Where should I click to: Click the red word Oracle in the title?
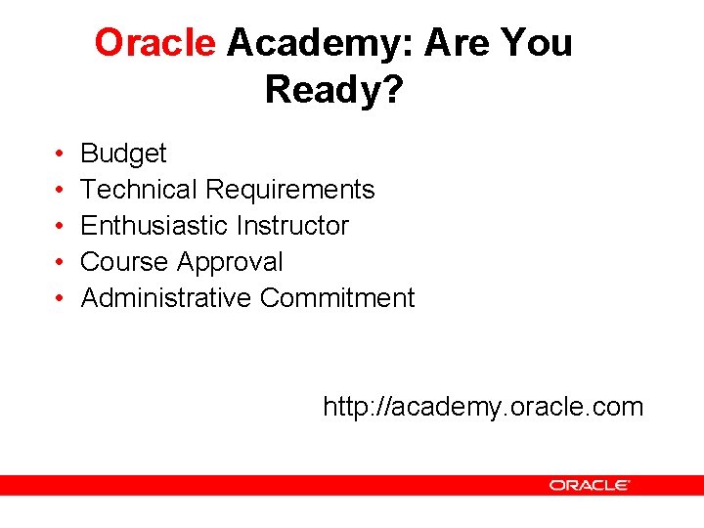(x=154, y=43)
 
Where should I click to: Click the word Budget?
(x=123, y=154)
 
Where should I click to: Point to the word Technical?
(x=140, y=190)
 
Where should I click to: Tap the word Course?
(x=125, y=262)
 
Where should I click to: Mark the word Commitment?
(x=337, y=298)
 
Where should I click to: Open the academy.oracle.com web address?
(x=483, y=407)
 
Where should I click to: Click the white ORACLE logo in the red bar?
(x=589, y=485)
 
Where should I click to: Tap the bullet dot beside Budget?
(x=60, y=154)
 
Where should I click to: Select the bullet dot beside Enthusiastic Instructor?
(x=60, y=227)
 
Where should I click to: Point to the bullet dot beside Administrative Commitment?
(x=60, y=299)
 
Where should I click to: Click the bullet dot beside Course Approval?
(x=60, y=263)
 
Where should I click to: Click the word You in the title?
(x=540, y=43)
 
